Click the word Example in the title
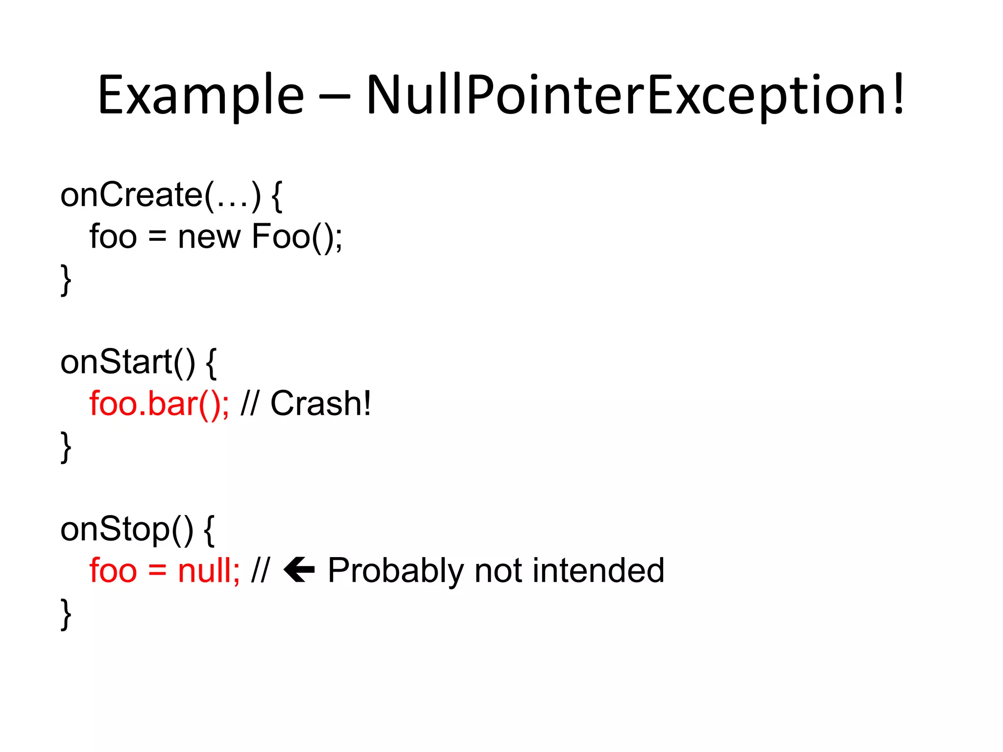click(x=201, y=95)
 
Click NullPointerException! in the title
click(x=635, y=95)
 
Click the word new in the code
click(x=209, y=237)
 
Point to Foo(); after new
click(x=297, y=237)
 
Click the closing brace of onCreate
click(x=66, y=280)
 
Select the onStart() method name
click(x=127, y=362)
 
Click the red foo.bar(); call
click(x=159, y=404)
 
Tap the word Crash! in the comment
click(x=321, y=404)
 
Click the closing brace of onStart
click(x=66, y=446)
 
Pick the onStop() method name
click(x=126, y=530)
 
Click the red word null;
click(x=209, y=571)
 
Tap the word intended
click(x=598, y=571)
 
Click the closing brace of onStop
click(x=66, y=613)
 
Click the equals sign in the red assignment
click(x=157, y=571)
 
